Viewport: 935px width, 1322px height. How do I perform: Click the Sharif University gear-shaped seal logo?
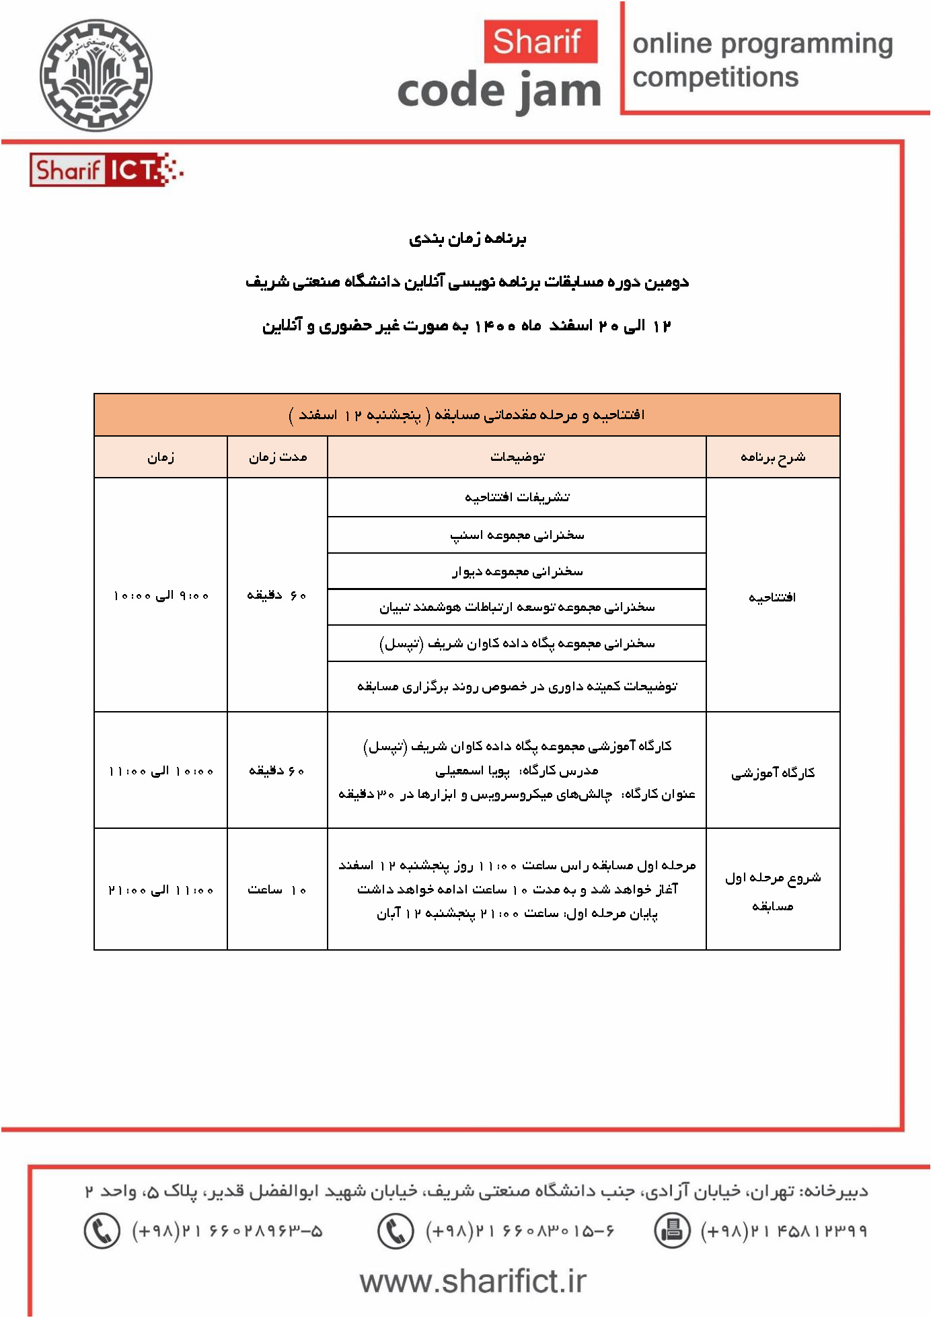pos(96,75)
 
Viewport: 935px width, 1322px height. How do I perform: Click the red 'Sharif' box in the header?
pos(540,41)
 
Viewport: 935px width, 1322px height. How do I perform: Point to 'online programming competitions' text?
pos(762,60)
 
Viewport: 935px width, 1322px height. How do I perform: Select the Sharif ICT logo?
pos(106,170)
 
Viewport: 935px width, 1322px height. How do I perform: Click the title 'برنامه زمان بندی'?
pos(467,239)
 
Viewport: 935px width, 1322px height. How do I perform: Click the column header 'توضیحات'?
pos(517,457)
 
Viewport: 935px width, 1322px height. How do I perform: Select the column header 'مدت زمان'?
pos(277,457)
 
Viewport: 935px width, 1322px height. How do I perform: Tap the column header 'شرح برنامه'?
pos(773,457)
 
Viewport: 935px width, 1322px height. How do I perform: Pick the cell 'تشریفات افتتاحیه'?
pos(517,497)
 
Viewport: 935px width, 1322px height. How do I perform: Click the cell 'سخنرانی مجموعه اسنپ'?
pos(517,535)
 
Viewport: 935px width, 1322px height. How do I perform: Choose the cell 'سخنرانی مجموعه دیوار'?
pos(517,571)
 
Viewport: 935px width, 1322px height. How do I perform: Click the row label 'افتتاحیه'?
pos(772,596)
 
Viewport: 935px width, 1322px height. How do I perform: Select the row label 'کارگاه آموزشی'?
pos(773,772)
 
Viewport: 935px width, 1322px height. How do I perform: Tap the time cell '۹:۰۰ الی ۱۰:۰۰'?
pos(161,595)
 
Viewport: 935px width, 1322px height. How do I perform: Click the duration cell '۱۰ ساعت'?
pos(277,889)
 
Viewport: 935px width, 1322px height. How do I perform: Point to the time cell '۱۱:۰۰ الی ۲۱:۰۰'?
pos(161,889)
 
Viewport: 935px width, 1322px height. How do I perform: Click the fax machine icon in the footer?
pos(671,1231)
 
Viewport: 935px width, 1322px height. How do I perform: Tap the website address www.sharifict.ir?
pos(473,1282)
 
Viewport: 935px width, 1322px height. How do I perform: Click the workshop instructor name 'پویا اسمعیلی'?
pos(472,770)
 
